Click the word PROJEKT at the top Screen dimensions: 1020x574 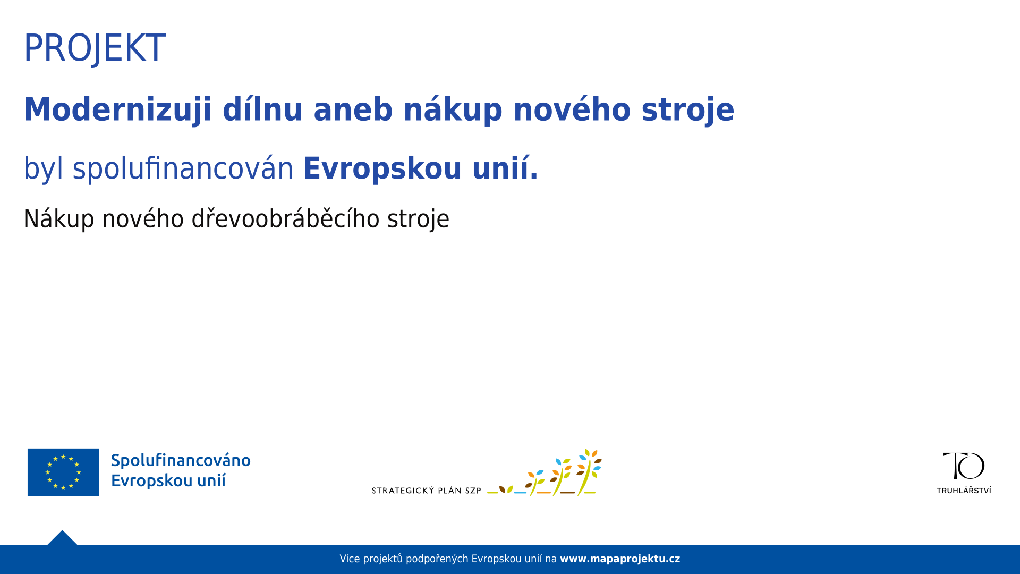[x=95, y=48]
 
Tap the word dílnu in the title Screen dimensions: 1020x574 [x=262, y=109]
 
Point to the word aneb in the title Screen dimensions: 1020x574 [x=353, y=109]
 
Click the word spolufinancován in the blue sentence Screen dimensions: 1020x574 [x=183, y=169]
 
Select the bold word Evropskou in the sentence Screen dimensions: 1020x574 [x=382, y=169]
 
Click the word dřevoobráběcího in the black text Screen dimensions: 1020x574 [x=286, y=219]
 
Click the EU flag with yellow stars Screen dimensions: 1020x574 [x=63, y=472]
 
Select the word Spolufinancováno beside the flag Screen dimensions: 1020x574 [x=181, y=461]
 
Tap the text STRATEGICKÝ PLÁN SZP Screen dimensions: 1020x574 [x=427, y=491]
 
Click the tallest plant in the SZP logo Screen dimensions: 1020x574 [x=589, y=471]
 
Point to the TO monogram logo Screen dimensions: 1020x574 [x=964, y=466]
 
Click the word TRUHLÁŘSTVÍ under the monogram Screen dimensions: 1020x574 [x=964, y=490]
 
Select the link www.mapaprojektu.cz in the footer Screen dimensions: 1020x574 [x=620, y=559]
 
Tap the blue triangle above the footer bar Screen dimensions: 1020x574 [x=62, y=538]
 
